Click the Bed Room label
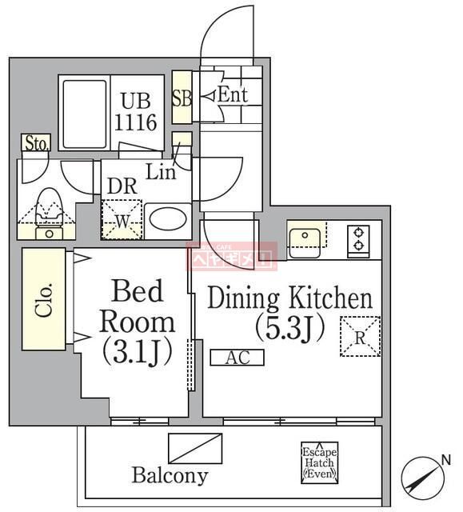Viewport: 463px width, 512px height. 136,321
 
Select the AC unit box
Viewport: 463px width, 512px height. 237,358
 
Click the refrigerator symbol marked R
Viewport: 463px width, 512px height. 360,336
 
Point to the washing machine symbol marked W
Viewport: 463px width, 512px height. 121,219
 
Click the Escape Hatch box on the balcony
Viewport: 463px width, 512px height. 319,462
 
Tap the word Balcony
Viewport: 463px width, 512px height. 170,475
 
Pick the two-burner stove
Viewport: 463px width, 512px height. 357,239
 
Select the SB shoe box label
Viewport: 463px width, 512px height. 182,98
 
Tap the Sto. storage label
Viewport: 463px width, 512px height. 37,144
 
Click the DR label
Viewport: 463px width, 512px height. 122,186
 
